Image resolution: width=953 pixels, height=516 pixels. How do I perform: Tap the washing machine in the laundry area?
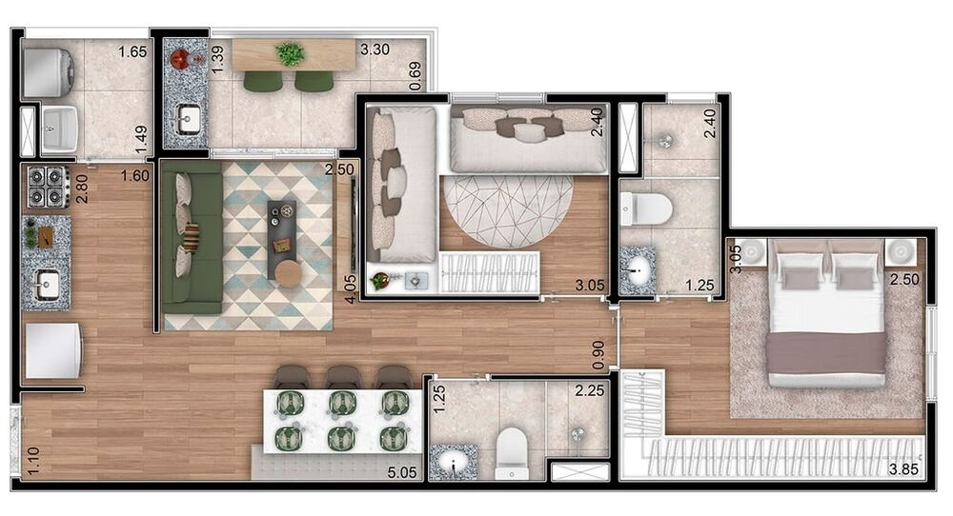point(49,73)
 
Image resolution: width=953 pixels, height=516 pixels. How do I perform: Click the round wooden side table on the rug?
point(288,274)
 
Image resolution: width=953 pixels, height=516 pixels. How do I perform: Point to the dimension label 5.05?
point(402,472)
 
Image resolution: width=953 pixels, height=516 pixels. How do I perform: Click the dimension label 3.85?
point(903,469)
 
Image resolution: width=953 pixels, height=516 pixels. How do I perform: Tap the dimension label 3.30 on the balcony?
point(375,50)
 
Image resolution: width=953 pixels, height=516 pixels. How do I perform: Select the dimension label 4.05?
point(349,290)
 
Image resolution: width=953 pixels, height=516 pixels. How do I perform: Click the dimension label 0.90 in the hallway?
point(598,355)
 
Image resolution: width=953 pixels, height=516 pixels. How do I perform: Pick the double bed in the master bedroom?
point(825,312)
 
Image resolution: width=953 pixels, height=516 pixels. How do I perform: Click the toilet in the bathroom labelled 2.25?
point(511,453)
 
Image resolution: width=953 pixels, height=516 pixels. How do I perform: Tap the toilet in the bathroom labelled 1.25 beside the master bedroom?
point(645,208)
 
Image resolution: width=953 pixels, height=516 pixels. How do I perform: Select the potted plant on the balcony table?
point(291,53)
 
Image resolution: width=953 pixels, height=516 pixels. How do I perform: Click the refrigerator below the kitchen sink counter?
point(52,351)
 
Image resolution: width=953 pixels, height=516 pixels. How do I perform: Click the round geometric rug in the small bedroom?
point(507,211)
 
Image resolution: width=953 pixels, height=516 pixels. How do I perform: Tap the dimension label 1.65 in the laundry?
point(132,51)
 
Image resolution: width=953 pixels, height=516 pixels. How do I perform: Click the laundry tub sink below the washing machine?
point(59,129)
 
